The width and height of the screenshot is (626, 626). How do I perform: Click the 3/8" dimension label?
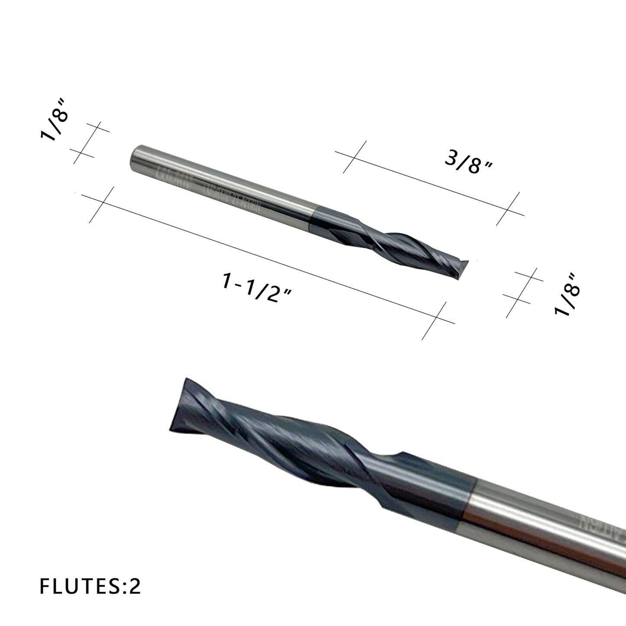pyautogui.click(x=468, y=164)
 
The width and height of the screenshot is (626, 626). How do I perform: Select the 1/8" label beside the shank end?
pyautogui.click(x=55, y=125)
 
